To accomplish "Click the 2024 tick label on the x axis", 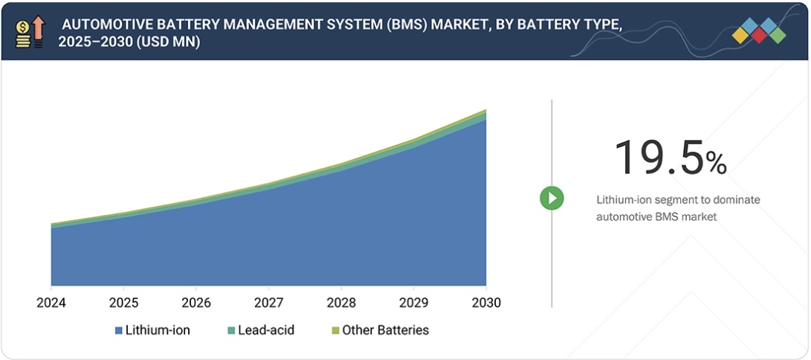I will pyautogui.click(x=51, y=303).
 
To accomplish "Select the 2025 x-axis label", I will pyautogui.click(x=123, y=303).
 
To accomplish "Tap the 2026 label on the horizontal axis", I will pyautogui.click(x=196, y=303).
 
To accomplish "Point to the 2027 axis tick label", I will pyautogui.click(x=268, y=303).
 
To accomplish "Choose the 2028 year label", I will pyautogui.click(x=340, y=303).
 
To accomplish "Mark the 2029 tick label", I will pyautogui.click(x=413, y=303).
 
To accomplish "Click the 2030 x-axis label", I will pyautogui.click(x=485, y=303).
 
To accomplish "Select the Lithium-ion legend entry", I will pyautogui.click(x=157, y=330).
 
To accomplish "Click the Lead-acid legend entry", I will pyautogui.click(x=266, y=330).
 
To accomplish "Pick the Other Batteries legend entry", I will pyautogui.click(x=384, y=330).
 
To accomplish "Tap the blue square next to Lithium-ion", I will pyautogui.click(x=118, y=330).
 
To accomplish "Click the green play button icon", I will pyautogui.click(x=552, y=198).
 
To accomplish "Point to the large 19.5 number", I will pyautogui.click(x=659, y=158).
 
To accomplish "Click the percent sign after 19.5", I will pyautogui.click(x=716, y=163).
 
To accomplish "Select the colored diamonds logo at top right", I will pyautogui.click(x=758, y=30).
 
